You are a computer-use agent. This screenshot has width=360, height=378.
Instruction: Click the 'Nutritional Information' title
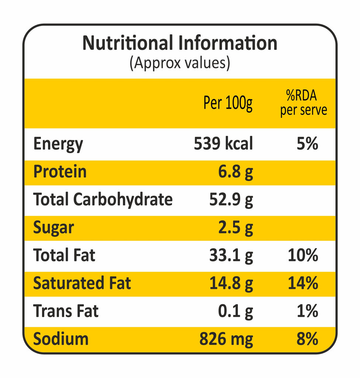coord(180,43)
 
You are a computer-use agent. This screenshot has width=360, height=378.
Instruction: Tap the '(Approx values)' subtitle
coord(180,63)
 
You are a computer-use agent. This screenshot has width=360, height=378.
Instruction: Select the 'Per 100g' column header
coord(228,103)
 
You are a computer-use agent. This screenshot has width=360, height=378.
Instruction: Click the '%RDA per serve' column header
coord(303,103)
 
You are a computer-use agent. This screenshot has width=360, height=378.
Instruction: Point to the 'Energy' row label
coord(58,144)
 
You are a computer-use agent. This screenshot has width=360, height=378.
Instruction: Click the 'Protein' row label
coord(60,172)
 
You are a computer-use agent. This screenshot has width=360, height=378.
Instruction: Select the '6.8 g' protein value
coord(236,172)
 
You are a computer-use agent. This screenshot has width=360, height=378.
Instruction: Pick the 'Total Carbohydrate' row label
coord(103,200)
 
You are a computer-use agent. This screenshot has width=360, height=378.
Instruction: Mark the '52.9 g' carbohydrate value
coord(231,200)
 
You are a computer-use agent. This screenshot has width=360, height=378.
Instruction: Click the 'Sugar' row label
coord(53,228)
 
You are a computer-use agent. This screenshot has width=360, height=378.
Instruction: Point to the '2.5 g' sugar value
coord(236,228)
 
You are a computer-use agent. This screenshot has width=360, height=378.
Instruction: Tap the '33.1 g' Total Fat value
coord(231,255)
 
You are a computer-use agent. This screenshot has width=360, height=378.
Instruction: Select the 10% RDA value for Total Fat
coord(303,255)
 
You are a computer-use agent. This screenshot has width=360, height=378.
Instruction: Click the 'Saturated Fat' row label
coord(82,283)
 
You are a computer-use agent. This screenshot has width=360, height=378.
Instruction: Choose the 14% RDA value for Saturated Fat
coord(303,283)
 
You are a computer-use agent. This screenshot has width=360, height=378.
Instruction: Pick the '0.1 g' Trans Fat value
coord(236,311)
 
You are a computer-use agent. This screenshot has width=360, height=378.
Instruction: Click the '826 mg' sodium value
coord(226,339)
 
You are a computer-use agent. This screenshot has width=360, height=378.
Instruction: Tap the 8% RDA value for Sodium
coord(307,339)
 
